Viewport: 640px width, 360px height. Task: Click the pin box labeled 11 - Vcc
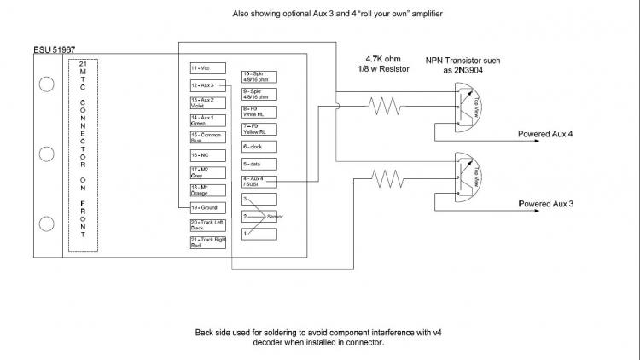207,67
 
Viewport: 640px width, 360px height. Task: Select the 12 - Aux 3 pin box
207,85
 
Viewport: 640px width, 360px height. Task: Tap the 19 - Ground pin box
207,206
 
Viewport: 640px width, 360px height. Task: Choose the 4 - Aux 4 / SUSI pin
259,180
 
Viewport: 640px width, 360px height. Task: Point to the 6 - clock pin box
259,146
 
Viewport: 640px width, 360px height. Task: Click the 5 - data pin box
259,163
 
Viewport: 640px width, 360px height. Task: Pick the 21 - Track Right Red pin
207,242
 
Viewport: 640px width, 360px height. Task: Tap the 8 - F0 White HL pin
259,111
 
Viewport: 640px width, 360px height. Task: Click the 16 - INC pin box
207,155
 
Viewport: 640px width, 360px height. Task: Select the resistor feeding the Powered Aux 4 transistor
385,107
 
